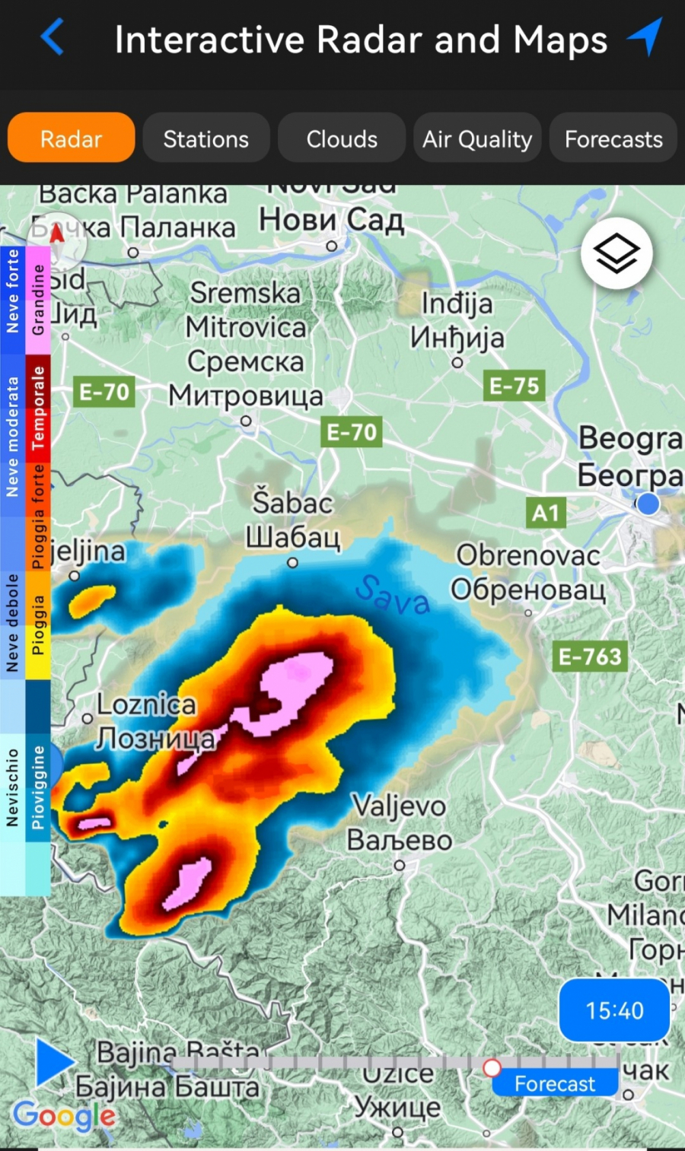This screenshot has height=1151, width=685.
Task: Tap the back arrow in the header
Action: [x=52, y=37]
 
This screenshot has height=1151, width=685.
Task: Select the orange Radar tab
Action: [x=71, y=138]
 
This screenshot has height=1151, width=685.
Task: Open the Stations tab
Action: [x=205, y=138]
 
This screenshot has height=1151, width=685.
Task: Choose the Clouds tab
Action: [x=342, y=138]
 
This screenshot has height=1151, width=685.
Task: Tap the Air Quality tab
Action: [x=477, y=138]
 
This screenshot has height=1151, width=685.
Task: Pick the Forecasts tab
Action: [x=613, y=138]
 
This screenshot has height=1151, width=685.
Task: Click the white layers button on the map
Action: [x=616, y=253]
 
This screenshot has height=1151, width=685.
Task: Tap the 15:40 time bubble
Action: [x=614, y=1010]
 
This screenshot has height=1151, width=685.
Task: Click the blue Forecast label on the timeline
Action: [x=555, y=1083]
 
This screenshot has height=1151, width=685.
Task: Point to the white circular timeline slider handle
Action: [x=492, y=1067]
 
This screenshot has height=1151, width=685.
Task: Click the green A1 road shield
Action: [x=546, y=513]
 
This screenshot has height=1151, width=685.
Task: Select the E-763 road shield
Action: [x=590, y=656]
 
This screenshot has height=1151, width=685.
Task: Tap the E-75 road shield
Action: [x=514, y=386]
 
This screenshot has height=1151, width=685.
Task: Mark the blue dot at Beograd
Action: [x=648, y=504]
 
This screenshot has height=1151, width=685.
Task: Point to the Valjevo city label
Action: [x=399, y=806]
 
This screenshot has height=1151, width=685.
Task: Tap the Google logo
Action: [x=64, y=1116]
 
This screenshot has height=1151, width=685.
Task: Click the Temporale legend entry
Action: [x=38, y=408]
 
